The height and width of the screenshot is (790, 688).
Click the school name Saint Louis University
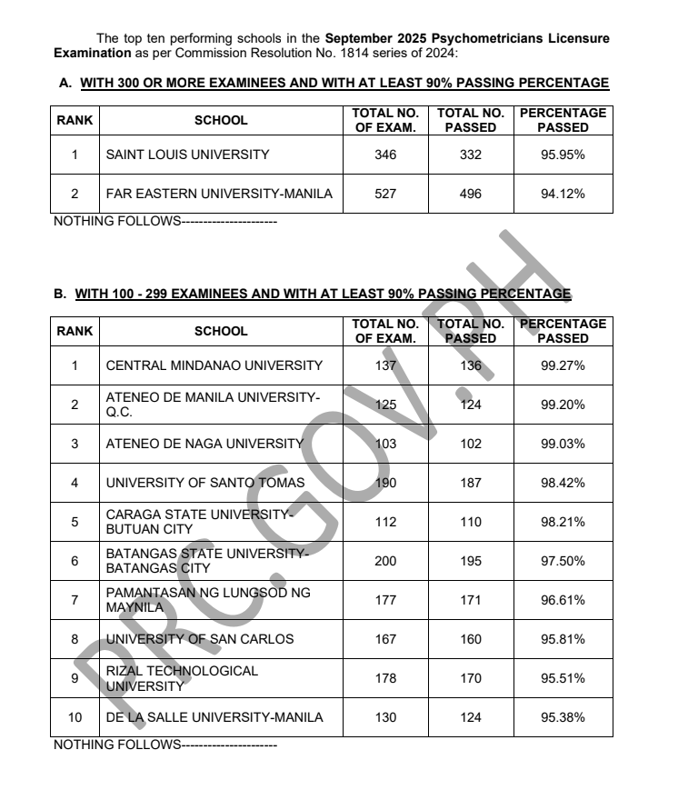point(187,155)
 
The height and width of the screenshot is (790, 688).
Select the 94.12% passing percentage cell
point(563,194)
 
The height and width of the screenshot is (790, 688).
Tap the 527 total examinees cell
point(385,194)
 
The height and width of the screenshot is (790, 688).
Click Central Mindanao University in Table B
point(214,365)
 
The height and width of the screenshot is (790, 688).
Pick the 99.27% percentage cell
point(563,365)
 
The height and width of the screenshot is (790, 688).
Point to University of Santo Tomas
point(205,483)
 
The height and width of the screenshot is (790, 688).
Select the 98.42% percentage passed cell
point(563,483)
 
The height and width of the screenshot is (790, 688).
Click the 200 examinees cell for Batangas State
point(385,561)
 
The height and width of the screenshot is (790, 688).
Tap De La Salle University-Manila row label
point(214,717)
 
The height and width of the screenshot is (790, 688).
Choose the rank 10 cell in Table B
point(75,717)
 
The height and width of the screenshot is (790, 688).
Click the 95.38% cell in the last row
point(563,717)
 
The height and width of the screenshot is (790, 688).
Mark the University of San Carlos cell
point(200,639)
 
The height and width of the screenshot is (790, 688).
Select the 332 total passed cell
point(471,155)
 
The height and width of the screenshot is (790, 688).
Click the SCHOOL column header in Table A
point(221,120)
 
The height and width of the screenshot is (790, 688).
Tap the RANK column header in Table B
point(75,331)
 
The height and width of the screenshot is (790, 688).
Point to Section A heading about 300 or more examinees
point(344,84)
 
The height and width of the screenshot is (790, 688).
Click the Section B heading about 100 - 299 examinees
point(323,295)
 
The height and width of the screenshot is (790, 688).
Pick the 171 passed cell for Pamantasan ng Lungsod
point(471,600)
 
